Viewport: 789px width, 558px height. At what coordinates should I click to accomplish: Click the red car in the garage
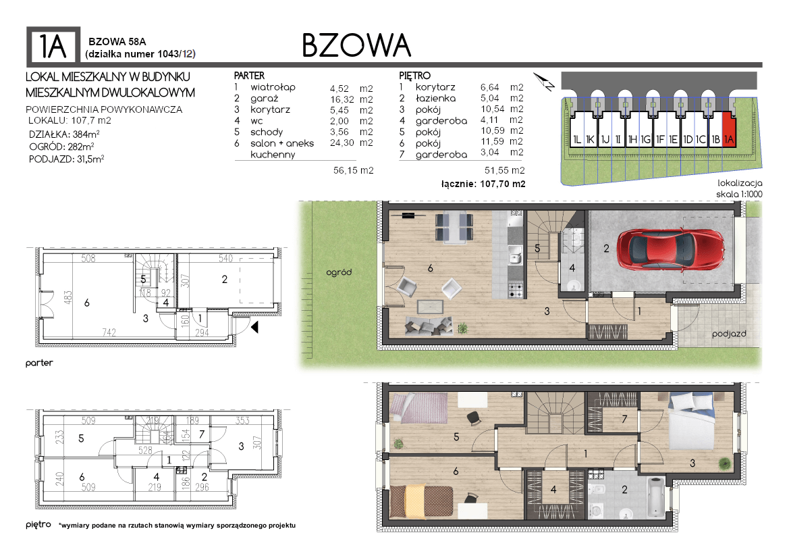pyautogui.click(x=671, y=249)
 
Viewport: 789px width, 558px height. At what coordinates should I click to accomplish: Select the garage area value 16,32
pyautogui.click(x=342, y=99)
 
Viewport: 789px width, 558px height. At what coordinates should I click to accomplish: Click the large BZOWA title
pyautogui.click(x=356, y=46)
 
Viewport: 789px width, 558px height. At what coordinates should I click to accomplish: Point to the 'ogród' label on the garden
pyautogui.click(x=339, y=272)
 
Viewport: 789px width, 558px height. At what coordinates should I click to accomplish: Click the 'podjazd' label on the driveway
pyautogui.click(x=729, y=334)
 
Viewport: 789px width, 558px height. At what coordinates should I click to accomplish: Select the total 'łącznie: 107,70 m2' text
pyautogui.click(x=483, y=184)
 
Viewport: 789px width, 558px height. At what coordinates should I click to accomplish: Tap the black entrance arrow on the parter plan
pyautogui.click(x=254, y=328)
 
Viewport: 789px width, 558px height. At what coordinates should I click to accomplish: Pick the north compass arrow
pyautogui.click(x=544, y=82)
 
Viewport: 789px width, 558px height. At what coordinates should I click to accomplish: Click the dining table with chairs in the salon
pyautogui.click(x=454, y=227)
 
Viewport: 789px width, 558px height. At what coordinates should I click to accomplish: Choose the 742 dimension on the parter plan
pyautogui.click(x=109, y=332)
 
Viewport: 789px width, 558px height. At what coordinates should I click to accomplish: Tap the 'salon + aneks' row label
pyautogui.click(x=282, y=143)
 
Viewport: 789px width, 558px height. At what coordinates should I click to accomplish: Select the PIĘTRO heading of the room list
pyautogui.click(x=415, y=76)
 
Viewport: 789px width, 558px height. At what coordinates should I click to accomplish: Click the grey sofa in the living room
pyautogui.click(x=429, y=326)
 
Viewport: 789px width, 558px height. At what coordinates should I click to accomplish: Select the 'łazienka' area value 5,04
pyautogui.click(x=489, y=98)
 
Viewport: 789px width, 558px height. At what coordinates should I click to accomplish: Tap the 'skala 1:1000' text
pyautogui.click(x=739, y=195)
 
